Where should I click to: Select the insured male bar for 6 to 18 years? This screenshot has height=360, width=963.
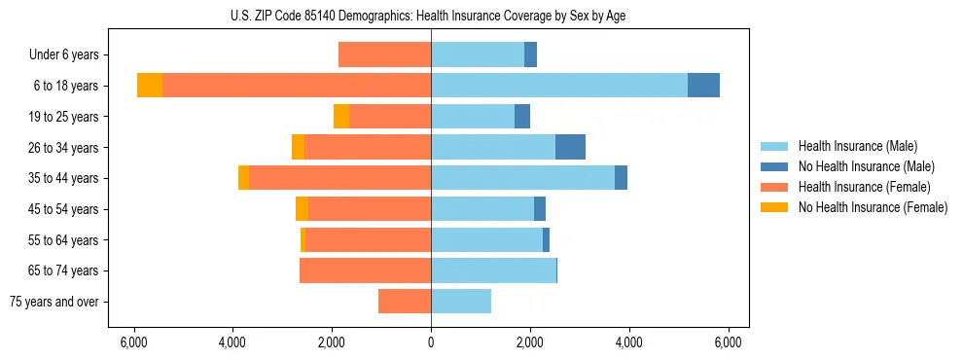pyautogui.click(x=559, y=86)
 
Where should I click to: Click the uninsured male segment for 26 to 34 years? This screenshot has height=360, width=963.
pyautogui.click(x=570, y=147)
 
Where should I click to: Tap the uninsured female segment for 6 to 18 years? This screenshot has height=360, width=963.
pyautogui.click(x=150, y=86)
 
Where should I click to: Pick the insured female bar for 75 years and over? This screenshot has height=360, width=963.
pyautogui.click(x=405, y=302)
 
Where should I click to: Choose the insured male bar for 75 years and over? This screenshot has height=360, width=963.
pyautogui.click(x=461, y=302)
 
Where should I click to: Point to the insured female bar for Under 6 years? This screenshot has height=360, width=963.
pyautogui.click(x=384, y=54)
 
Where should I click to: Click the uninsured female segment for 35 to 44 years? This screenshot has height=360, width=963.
pyautogui.click(x=243, y=178)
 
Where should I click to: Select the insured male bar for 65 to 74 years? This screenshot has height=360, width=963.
pyautogui.click(x=493, y=270)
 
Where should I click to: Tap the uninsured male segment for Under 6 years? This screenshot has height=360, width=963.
pyautogui.click(x=530, y=54)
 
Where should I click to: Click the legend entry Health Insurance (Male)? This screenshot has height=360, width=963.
pyautogui.click(x=857, y=146)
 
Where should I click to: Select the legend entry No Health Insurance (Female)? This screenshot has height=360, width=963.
pyautogui.click(x=873, y=207)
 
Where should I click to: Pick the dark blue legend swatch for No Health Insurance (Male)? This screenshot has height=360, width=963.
pyautogui.click(x=774, y=166)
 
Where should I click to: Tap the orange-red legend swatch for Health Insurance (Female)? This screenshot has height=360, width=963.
pyautogui.click(x=774, y=187)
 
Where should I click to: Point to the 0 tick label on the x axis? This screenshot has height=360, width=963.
pyautogui.click(x=431, y=342)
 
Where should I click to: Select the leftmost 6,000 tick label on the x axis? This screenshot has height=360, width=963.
pyautogui.click(x=133, y=342)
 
